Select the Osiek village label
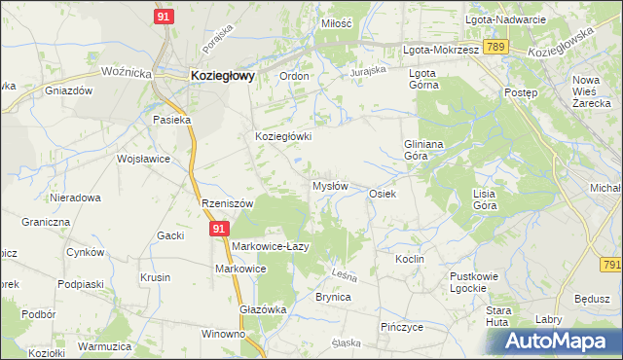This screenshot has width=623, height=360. tap(382, 194)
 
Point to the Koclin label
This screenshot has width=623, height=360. tap(408, 260)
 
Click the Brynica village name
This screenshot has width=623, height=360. tap(333, 298)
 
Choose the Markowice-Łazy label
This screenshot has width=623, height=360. tap(270, 246)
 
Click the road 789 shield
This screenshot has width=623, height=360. tap(496, 46)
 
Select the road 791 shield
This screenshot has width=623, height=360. tap(611, 265)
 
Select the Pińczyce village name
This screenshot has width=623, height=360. tap(402, 327)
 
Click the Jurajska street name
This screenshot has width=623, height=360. tap(370, 70)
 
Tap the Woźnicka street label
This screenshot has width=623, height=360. tap(126, 72)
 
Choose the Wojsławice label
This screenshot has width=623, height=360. tap(143, 159)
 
